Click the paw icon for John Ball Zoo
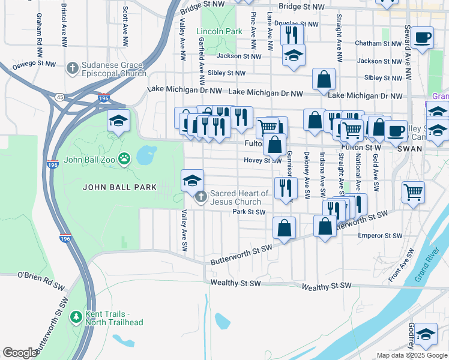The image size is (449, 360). (124, 159)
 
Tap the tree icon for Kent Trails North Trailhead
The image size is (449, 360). (76, 316)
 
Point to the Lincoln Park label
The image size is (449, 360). (219, 31)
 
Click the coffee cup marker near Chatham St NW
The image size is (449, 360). (423, 37)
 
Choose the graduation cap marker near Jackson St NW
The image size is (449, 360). (294, 55)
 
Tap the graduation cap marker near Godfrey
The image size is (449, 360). (426, 334)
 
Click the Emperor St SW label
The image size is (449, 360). (379, 236)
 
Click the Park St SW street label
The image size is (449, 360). (249, 212)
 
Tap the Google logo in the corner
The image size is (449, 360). (20, 353)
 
